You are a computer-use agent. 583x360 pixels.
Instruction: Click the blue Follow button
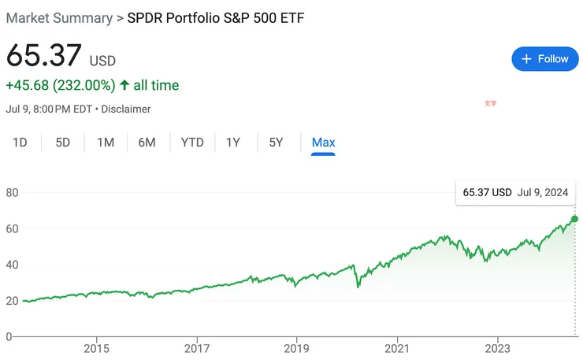tap(545, 59)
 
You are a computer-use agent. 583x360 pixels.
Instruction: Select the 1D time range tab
tap(20, 143)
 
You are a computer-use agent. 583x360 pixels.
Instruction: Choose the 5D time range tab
tap(63, 143)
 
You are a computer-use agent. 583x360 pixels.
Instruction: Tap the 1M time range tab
tap(106, 143)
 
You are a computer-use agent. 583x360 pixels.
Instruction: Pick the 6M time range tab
tap(147, 143)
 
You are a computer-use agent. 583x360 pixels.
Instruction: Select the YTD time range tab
tap(192, 143)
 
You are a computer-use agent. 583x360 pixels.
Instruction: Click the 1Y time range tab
tap(233, 143)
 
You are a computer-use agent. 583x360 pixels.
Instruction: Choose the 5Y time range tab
tap(276, 143)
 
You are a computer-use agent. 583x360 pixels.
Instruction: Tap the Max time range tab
tap(323, 143)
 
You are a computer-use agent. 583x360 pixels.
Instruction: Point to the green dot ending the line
tap(574, 218)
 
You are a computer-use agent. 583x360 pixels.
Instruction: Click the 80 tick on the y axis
tap(12, 192)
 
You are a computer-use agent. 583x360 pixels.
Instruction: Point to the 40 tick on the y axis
tap(12, 265)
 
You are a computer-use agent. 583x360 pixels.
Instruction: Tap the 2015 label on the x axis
tap(96, 348)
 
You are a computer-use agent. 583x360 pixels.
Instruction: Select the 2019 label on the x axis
tap(296, 348)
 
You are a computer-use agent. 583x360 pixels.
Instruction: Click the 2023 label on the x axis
tap(497, 348)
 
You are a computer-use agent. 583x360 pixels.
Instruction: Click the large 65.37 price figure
tap(44, 58)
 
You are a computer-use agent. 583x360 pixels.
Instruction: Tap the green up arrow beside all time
tap(124, 85)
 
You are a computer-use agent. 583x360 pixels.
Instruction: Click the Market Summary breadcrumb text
tap(59, 18)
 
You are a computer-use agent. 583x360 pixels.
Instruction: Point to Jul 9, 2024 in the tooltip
tap(543, 192)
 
